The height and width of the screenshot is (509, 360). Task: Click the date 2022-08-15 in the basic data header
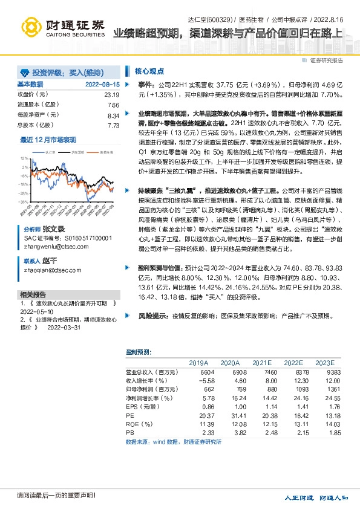(103, 85)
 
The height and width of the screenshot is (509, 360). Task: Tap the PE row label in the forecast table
(130, 416)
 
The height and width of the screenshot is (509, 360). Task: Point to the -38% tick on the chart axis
(23, 202)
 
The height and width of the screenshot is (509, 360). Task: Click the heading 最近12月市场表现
(48, 140)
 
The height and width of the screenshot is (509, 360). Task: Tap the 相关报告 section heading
(31, 294)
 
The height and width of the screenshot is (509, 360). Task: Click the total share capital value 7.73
(113, 125)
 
